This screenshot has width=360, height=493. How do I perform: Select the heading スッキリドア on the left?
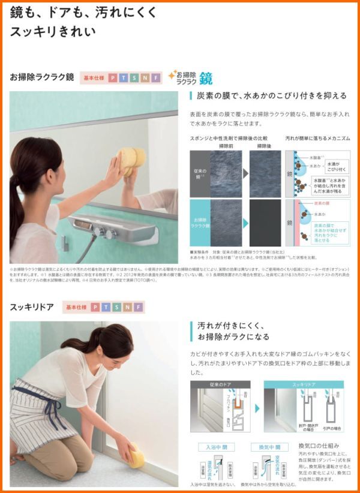(32, 307)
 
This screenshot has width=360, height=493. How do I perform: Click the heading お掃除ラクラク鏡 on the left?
(41, 77)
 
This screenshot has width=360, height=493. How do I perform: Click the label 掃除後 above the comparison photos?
(265, 146)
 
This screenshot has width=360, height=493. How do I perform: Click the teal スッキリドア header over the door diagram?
(304, 384)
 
